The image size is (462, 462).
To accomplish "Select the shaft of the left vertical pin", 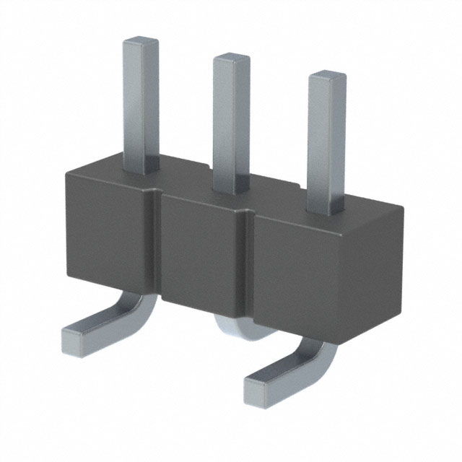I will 139,101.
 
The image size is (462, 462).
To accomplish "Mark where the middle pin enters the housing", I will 231,189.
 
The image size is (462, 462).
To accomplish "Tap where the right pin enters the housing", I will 326,209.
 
